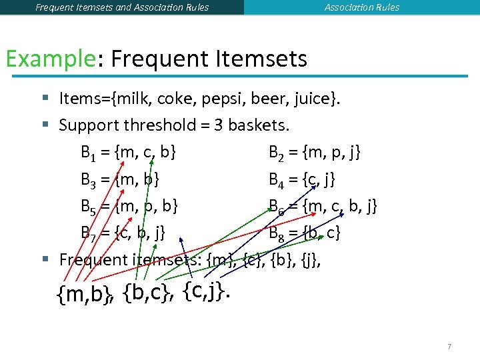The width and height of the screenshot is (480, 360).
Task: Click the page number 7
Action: (x=449, y=347)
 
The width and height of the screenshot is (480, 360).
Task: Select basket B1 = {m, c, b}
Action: (x=129, y=152)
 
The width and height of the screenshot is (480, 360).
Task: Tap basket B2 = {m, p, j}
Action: (x=315, y=152)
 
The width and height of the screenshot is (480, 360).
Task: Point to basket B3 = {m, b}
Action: (x=120, y=179)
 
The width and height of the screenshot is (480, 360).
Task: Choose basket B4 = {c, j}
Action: (x=302, y=179)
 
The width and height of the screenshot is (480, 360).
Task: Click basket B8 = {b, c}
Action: (x=305, y=233)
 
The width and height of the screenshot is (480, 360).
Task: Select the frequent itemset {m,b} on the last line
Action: (x=85, y=294)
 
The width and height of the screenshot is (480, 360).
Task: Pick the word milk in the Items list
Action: (x=133, y=99)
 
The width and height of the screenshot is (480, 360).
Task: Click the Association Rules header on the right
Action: (x=362, y=7)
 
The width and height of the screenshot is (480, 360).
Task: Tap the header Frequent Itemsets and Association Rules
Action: (x=122, y=7)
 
